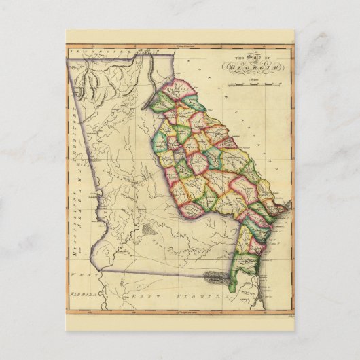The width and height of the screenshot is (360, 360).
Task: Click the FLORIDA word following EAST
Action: [194, 298]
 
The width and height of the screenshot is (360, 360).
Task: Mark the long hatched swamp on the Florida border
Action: [214, 276]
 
